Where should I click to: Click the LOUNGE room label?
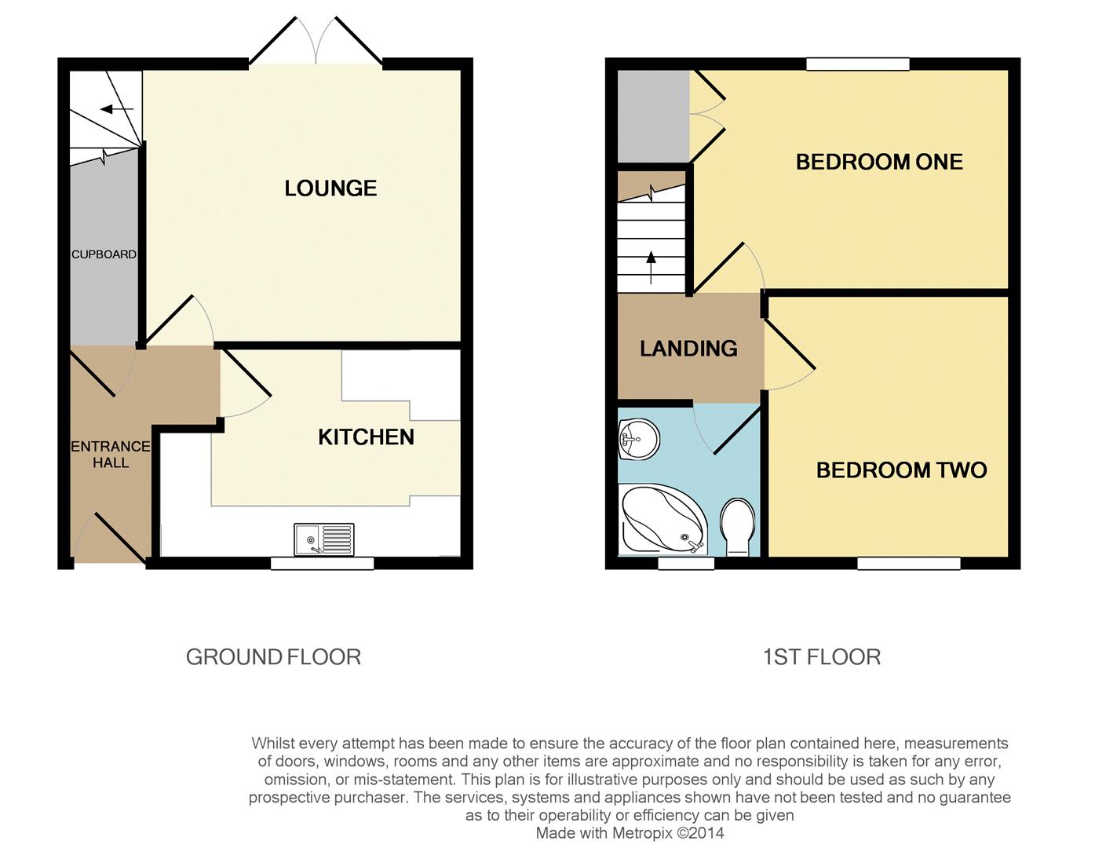(330, 188)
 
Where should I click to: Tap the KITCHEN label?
(367, 437)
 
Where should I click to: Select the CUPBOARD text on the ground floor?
(104, 254)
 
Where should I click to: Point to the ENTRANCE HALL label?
(111, 455)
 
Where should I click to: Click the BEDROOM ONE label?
(879, 163)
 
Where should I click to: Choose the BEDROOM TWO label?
(901, 470)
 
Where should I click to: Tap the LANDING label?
(689, 349)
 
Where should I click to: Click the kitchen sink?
(324, 539)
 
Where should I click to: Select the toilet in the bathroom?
(738, 527)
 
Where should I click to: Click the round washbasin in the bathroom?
(638, 440)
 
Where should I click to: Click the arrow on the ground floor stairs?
(117, 109)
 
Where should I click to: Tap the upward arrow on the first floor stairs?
(651, 268)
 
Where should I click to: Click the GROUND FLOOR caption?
(274, 657)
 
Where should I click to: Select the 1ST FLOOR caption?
(821, 657)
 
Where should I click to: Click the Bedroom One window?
(858, 64)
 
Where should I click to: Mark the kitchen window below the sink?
(323, 563)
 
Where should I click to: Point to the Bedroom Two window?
(909, 563)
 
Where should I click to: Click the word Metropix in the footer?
(642, 833)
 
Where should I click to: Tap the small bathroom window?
(686, 563)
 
